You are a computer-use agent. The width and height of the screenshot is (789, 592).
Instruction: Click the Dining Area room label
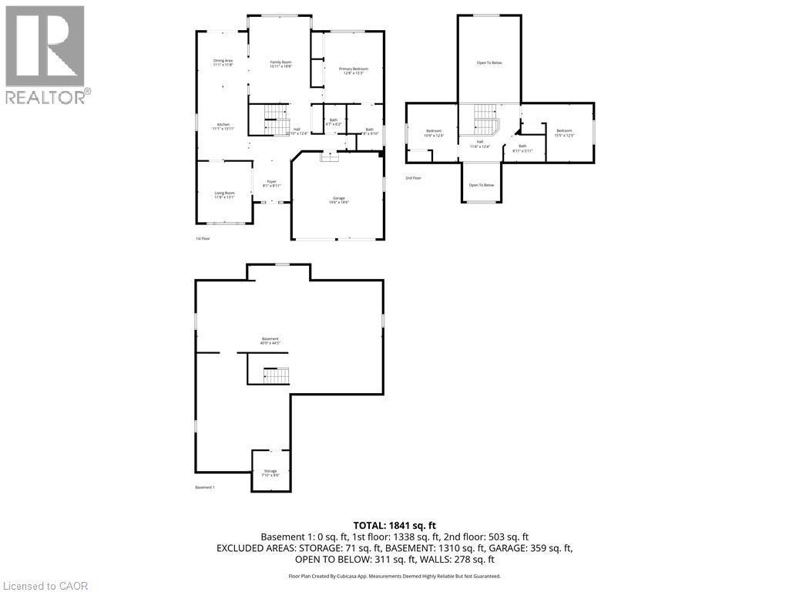click(223, 62)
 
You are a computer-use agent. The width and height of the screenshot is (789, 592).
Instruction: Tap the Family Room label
click(280, 64)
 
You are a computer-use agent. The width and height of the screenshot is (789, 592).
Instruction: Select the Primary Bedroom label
click(354, 71)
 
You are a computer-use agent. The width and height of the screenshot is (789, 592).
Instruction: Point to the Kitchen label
click(223, 126)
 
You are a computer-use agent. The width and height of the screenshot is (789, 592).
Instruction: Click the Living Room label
click(224, 195)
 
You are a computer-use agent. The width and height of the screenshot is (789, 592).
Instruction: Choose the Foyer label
click(271, 183)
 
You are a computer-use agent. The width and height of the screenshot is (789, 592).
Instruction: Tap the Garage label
click(338, 200)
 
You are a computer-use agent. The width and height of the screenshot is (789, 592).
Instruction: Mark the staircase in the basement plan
click(275, 375)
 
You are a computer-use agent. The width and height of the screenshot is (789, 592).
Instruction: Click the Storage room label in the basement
click(270, 473)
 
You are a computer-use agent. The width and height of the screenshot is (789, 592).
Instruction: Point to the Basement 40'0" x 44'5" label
click(270, 341)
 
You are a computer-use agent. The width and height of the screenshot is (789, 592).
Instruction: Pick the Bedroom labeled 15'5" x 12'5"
click(564, 133)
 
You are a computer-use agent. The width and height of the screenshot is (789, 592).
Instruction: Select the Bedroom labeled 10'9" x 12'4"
click(434, 133)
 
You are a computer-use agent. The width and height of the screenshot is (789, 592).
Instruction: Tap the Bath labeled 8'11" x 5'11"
click(522, 148)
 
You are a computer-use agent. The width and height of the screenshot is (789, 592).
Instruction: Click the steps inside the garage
click(330, 156)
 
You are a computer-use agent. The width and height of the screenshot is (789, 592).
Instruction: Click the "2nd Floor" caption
click(414, 178)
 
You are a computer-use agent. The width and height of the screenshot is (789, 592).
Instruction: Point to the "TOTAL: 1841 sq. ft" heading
click(394, 525)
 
